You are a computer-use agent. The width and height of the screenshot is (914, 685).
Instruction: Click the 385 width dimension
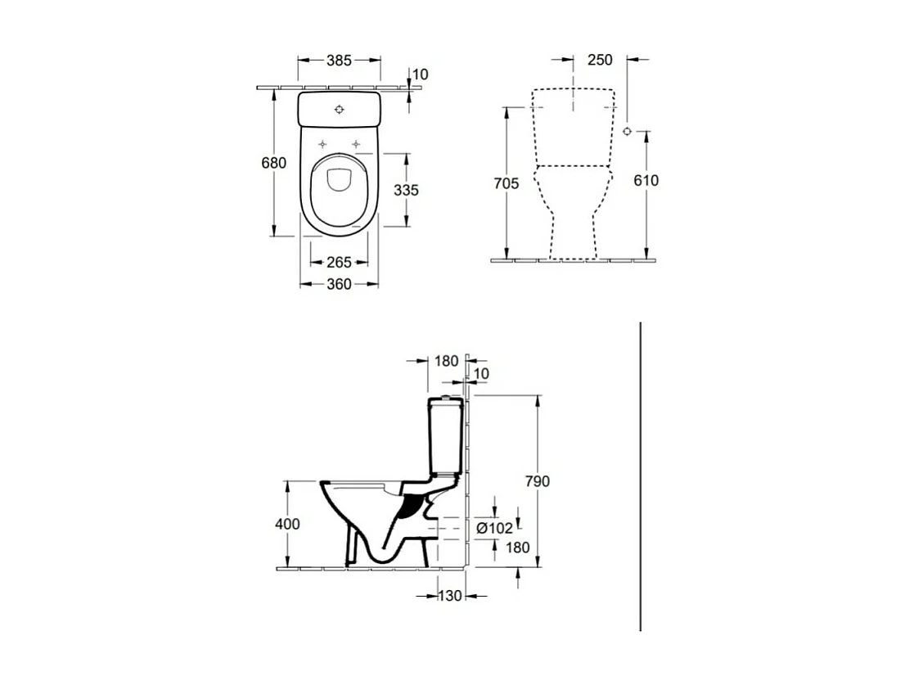click(339, 61)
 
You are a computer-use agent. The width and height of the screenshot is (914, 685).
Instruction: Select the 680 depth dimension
click(273, 163)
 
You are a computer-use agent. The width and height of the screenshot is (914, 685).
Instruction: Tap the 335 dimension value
click(406, 190)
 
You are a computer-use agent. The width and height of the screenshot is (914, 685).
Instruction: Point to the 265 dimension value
click(339, 263)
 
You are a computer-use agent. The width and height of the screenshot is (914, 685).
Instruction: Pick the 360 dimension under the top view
click(339, 284)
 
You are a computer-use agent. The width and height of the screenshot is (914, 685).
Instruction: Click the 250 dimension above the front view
click(600, 61)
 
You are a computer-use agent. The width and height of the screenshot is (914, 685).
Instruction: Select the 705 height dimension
click(507, 183)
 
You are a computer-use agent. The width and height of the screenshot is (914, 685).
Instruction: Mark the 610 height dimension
click(646, 181)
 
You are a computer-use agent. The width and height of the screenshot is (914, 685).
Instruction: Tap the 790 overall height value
click(536, 481)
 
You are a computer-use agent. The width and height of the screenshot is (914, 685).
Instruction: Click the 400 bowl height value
click(288, 524)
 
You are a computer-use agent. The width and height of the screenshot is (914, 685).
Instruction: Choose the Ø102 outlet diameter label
click(493, 529)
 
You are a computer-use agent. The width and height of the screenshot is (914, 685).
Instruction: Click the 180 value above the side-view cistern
click(447, 361)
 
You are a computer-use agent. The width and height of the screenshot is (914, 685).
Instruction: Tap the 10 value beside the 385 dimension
click(420, 74)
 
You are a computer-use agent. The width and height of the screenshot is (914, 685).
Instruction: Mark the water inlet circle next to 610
click(628, 131)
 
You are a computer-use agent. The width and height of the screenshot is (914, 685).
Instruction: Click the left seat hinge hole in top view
click(322, 144)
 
